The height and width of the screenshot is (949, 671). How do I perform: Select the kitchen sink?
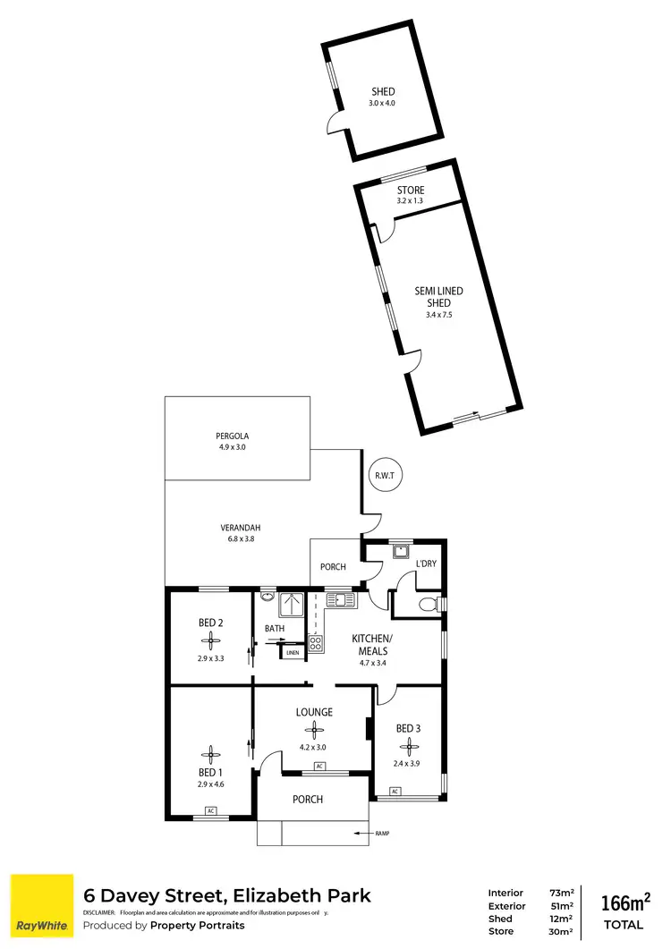click(340, 598)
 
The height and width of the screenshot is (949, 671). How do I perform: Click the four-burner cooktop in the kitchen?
click(316, 641)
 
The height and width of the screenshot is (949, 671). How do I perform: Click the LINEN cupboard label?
click(293, 653)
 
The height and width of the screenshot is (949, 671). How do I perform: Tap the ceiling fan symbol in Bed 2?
click(211, 639)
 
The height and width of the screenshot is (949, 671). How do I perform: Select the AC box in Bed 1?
click(211, 810)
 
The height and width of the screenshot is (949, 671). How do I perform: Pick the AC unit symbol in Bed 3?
click(395, 791)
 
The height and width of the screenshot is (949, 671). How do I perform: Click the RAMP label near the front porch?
click(382, 834)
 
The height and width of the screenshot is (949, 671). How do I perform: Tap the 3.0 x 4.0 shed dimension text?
click(382, 104)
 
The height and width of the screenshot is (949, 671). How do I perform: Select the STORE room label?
click(411, 191)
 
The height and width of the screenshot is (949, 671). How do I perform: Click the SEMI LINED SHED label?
click(438, 297)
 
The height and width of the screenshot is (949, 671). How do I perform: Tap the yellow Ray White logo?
click(41, 903)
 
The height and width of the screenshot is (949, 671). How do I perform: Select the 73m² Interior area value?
click(561, 893)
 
